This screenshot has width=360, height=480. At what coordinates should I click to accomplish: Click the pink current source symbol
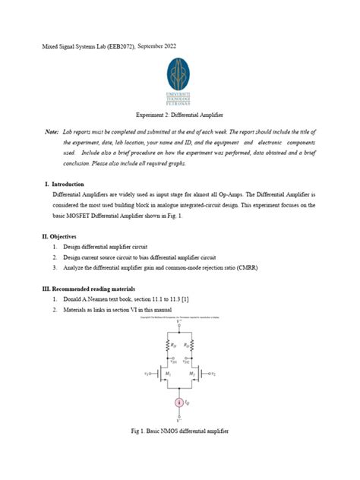(179, 403)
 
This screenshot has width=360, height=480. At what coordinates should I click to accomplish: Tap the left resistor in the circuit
(163, 347)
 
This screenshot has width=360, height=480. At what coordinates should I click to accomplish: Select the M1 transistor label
(161, 374)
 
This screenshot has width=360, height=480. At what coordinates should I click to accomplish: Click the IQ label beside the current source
(188, 403)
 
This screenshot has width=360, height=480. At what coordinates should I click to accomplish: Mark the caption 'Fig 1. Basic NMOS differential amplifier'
(179, 431)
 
